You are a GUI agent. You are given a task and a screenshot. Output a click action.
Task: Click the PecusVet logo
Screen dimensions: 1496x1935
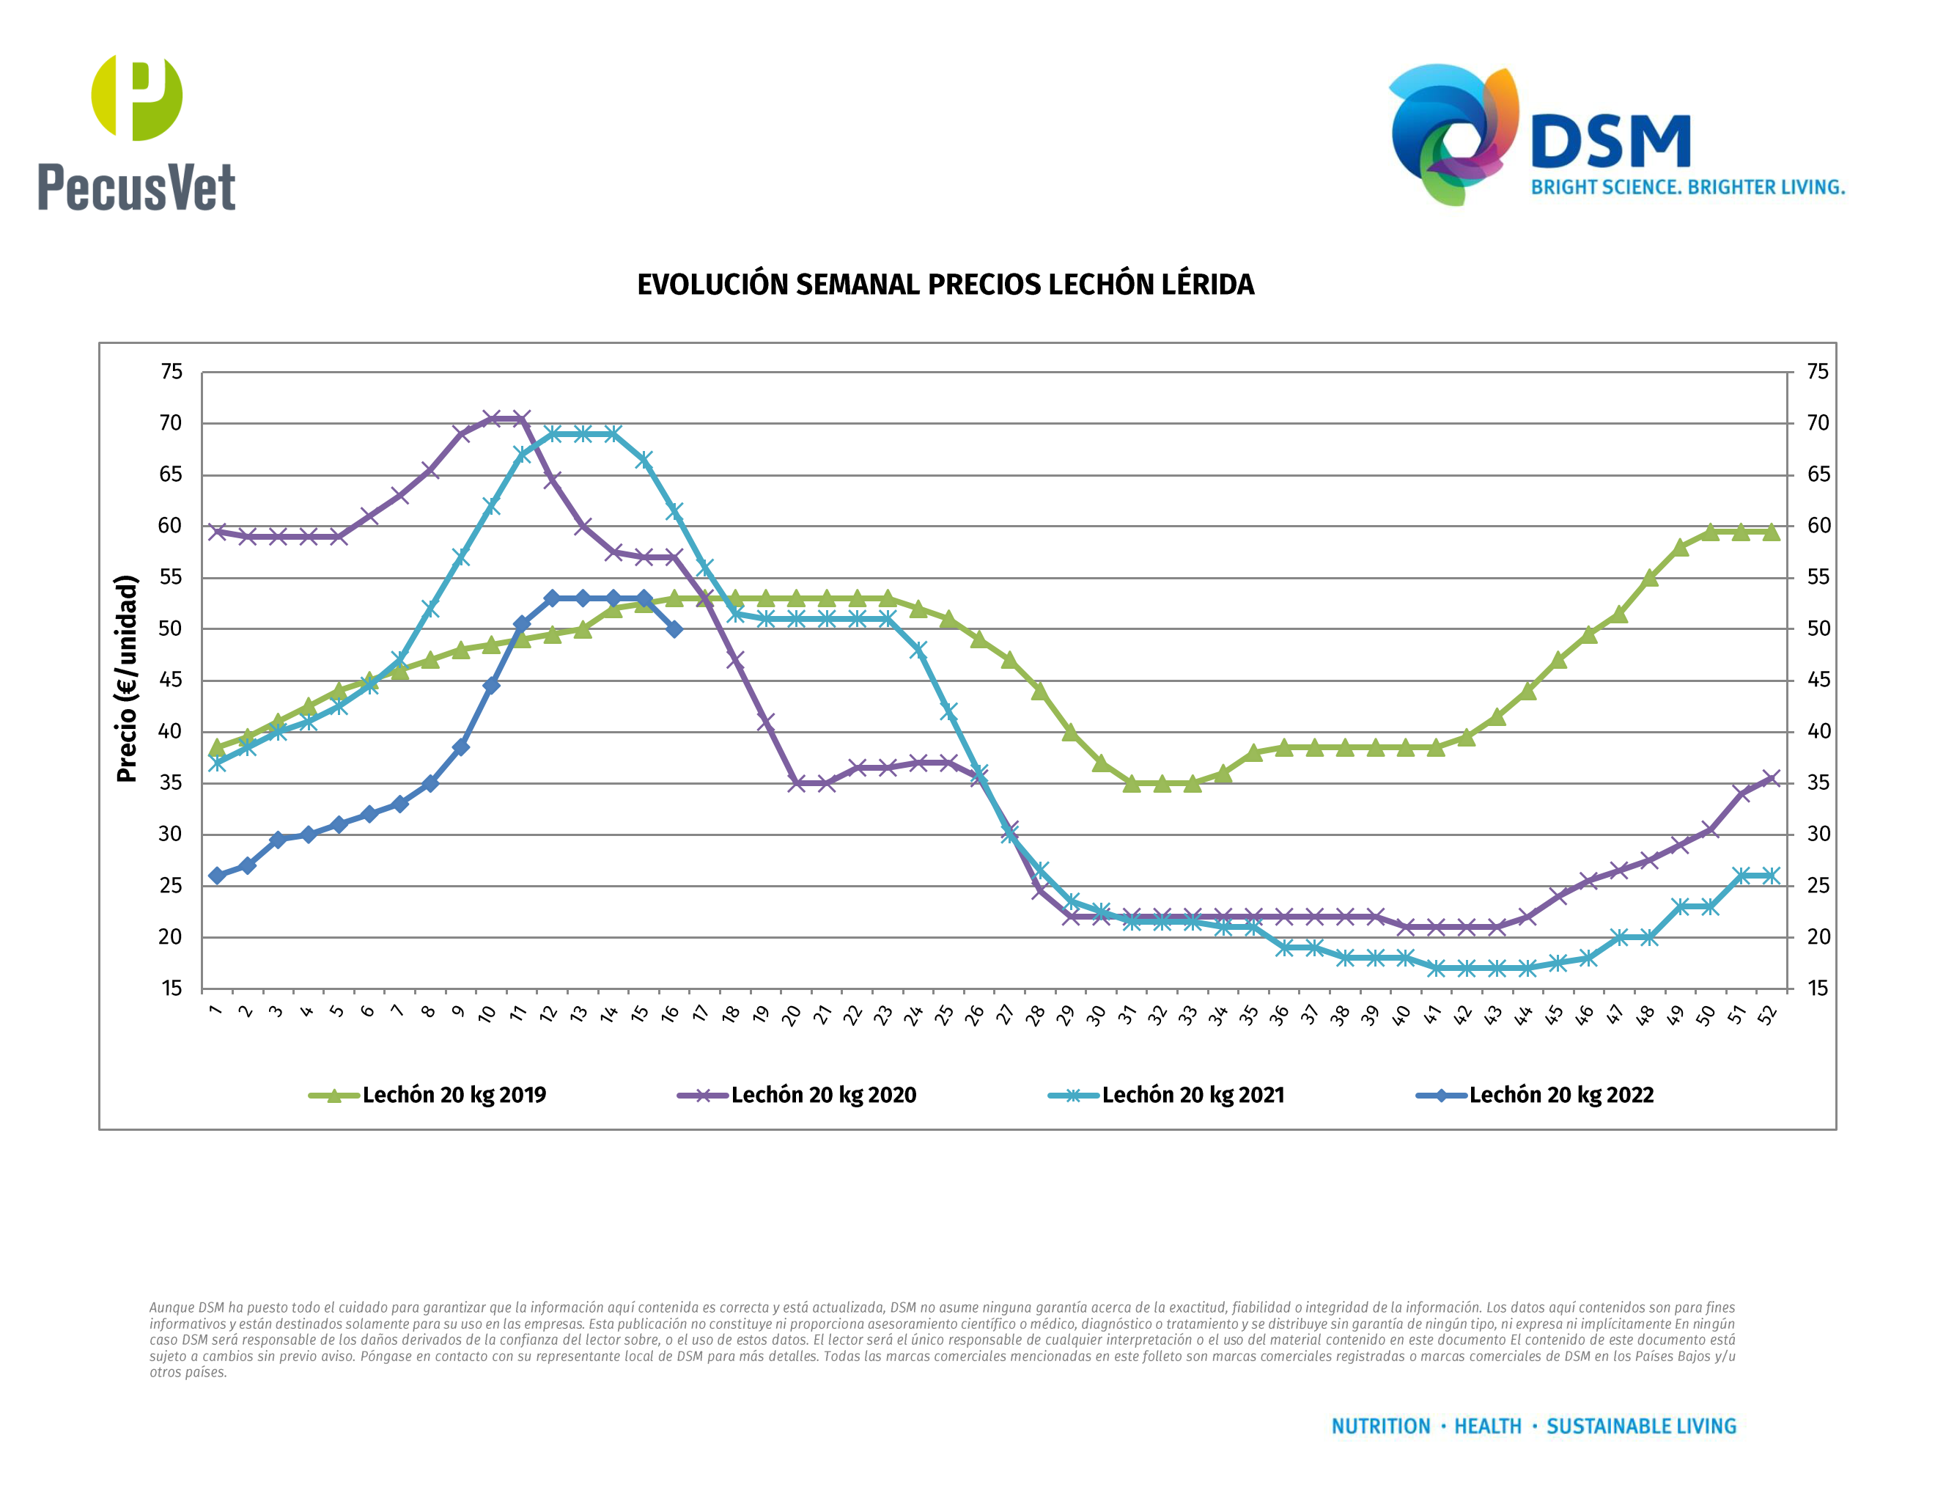[x=136, y=133]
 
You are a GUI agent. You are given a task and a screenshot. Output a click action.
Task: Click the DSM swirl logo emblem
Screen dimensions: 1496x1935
[x=1453, y=133]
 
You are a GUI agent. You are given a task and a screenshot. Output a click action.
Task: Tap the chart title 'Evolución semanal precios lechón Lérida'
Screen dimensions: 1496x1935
[x=946, y=285]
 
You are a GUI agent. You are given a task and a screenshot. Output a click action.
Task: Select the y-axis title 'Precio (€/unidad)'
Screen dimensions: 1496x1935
[x=128, y=678]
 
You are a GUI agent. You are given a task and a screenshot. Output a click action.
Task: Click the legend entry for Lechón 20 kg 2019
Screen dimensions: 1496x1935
[x=428, y=1096]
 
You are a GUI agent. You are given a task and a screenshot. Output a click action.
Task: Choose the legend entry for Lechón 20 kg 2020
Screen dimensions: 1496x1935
[x=797, y=1096]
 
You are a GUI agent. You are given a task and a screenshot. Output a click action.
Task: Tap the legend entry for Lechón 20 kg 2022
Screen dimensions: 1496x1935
[x=1536, y=1096]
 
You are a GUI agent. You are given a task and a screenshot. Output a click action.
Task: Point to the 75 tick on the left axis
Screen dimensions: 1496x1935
[x=171, y=373]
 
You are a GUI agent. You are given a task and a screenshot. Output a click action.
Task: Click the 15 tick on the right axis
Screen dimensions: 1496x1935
[x=1818, y=989]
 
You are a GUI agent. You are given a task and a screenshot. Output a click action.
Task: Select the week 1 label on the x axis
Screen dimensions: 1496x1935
[x=215, y=1011]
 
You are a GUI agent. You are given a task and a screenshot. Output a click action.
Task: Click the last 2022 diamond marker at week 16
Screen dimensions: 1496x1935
[x=674, y=629]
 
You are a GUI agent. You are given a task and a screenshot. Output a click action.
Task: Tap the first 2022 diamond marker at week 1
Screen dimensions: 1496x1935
[x=217, y=876]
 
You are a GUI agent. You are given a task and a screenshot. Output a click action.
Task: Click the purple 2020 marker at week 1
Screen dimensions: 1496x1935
[x=217, y=532]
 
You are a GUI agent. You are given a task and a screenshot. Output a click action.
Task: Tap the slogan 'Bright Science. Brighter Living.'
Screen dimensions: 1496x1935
[x=1688, y=188]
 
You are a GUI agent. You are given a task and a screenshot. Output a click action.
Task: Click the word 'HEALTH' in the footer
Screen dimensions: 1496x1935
[x=1488, y=1426]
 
